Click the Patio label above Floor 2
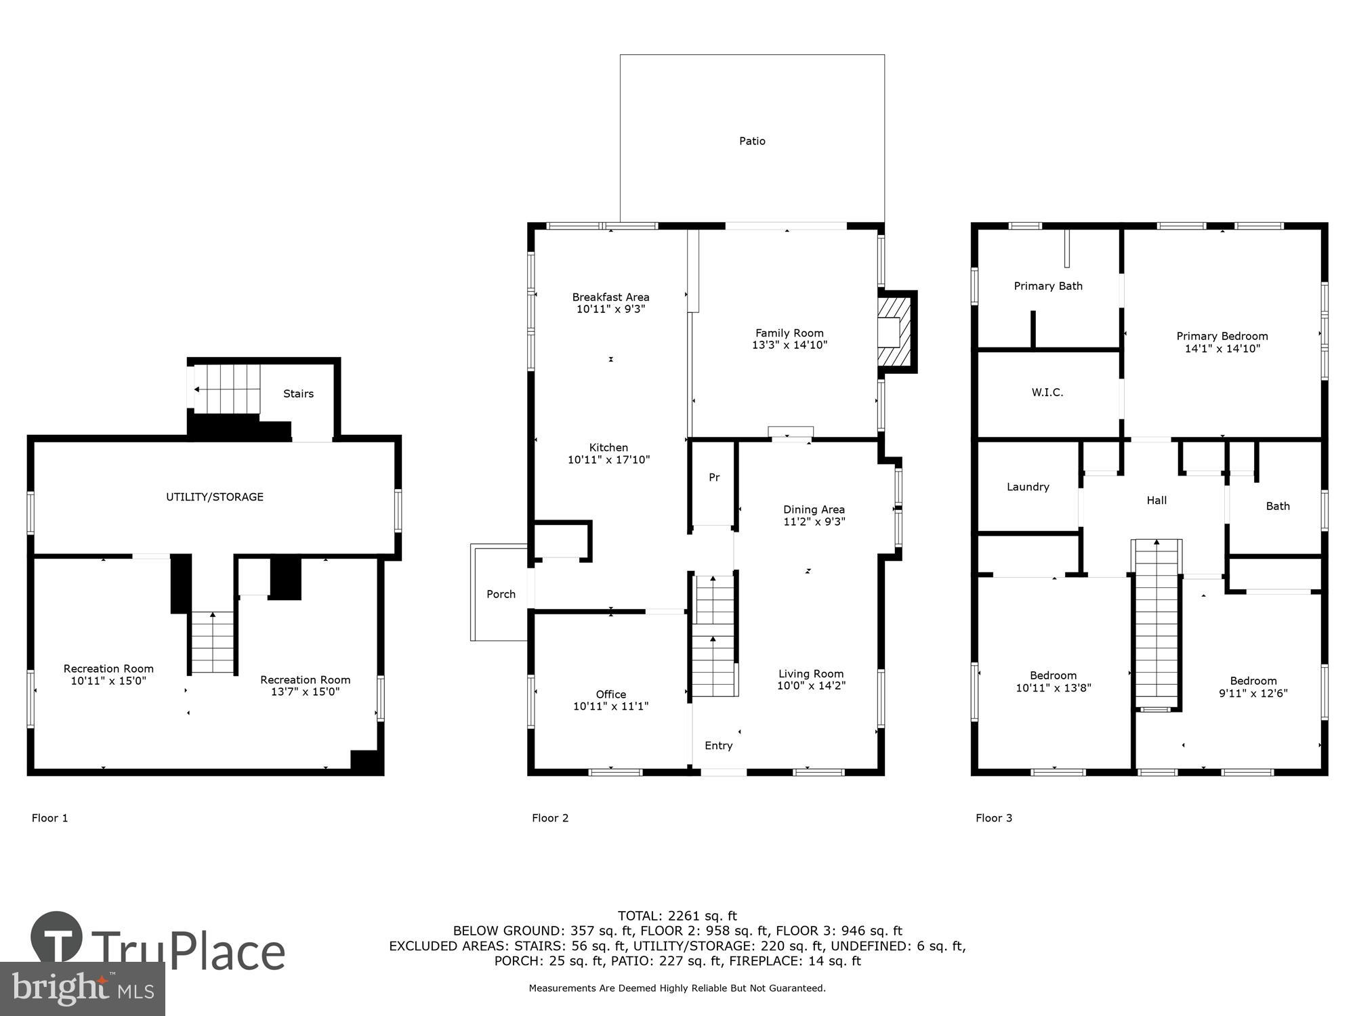[x=752, y=141]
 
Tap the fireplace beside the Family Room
[x=896, y=332]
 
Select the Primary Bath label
[x=1047, y=286]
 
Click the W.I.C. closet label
[x=1047, y=392]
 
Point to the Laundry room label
[x=1027, y=486]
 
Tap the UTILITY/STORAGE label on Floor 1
[x=215, y=496]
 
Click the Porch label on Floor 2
[x=501, y=594]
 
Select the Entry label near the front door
[x=718, y=745]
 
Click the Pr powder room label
[x=714, y=478]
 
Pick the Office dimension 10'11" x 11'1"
[x=610, y=706]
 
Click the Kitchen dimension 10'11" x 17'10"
[x=608, y=460]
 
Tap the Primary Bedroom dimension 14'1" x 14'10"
[x=1222, y=349]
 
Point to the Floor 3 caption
[x=993, y=818]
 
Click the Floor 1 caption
[x=49, y=818]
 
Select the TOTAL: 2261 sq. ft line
[x=677, y=916]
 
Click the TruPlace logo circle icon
[x=56, y=937]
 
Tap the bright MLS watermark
[x=82, y=990]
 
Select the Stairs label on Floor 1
[x=298, y=394]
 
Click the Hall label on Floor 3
[x=1156, y=500]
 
